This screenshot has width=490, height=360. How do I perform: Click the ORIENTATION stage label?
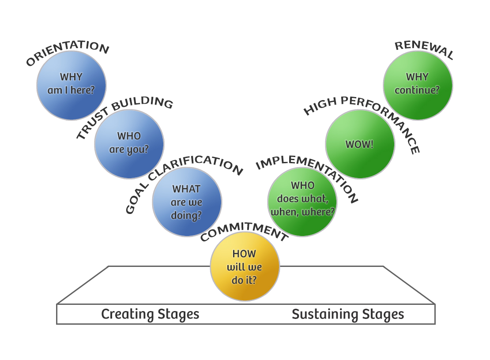(67, 52)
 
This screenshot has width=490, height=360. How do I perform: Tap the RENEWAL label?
(424, 50)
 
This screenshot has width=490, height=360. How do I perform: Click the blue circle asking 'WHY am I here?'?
(71, 85)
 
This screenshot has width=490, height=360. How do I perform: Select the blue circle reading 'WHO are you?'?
(129, 144)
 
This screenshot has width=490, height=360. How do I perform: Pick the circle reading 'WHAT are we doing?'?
(187, 202)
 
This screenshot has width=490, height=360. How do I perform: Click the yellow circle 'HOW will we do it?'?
(245, 267)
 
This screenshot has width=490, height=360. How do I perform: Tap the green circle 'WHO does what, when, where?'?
(302, 202)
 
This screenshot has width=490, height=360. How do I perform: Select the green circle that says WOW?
(360, 144)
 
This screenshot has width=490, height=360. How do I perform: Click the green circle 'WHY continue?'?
(418, 85)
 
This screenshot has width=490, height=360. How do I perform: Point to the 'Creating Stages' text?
(150, 315)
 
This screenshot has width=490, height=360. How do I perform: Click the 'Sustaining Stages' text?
(348, 315)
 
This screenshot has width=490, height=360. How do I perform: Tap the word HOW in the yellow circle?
(244, 254)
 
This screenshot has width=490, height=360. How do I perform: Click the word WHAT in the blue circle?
(186, 189)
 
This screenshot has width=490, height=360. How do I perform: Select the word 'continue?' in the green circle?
(417, 90)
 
